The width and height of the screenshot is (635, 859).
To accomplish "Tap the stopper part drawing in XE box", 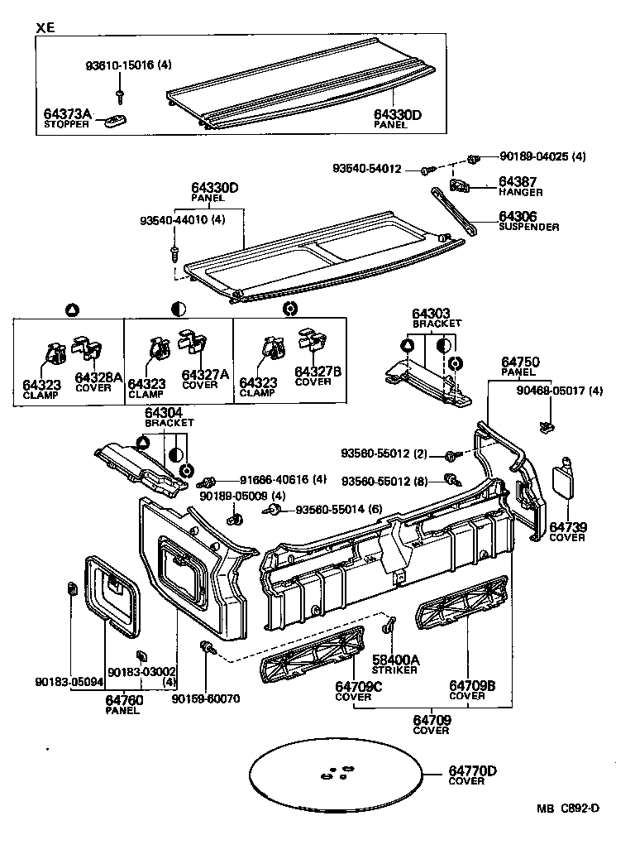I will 115,122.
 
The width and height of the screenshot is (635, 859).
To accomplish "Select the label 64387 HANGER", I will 520,186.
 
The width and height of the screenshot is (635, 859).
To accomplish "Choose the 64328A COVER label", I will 97,382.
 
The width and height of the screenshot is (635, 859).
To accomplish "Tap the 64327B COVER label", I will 312,377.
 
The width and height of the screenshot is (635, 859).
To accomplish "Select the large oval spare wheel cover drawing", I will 337,774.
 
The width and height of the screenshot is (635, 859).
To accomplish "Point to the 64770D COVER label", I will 472,775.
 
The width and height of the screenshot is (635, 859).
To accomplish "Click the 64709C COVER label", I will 358,690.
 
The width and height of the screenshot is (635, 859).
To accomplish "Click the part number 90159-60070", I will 205,698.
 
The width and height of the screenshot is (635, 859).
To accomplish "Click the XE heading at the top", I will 46,27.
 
